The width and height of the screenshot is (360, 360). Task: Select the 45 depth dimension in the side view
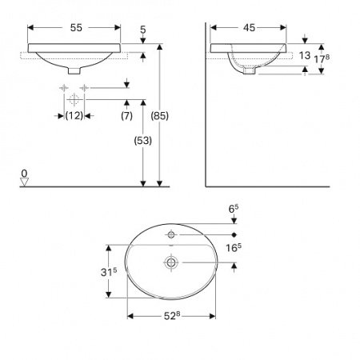(249, 27)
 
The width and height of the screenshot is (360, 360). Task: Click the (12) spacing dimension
(74, 117)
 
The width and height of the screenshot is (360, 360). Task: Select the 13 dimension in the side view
(305, 56)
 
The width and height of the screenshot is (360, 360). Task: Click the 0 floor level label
(25, 173)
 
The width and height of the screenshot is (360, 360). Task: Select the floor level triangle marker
(25, 182)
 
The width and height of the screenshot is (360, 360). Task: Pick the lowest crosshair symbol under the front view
(74, 100)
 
